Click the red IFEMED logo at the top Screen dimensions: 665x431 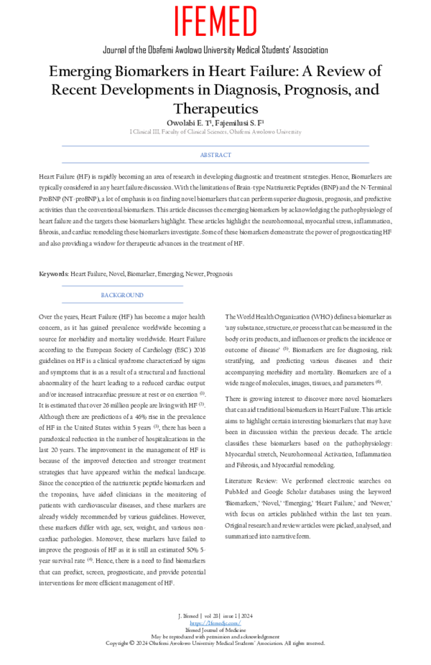(x=215, y=22)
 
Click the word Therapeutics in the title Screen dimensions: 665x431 (x=215, y=108)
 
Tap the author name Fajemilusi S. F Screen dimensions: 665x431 (x=244, y=123)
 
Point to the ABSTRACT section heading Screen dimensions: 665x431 (x=215, y=155)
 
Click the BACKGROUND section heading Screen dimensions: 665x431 (x=121, y=295)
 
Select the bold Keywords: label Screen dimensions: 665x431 (x=53, y=274)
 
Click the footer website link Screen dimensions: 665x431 (x=215, y=623)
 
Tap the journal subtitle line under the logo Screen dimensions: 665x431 (x=215, y=50)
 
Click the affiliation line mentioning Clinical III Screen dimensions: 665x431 (x=215, y=132)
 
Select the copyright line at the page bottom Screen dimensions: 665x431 (x=215, y=643)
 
